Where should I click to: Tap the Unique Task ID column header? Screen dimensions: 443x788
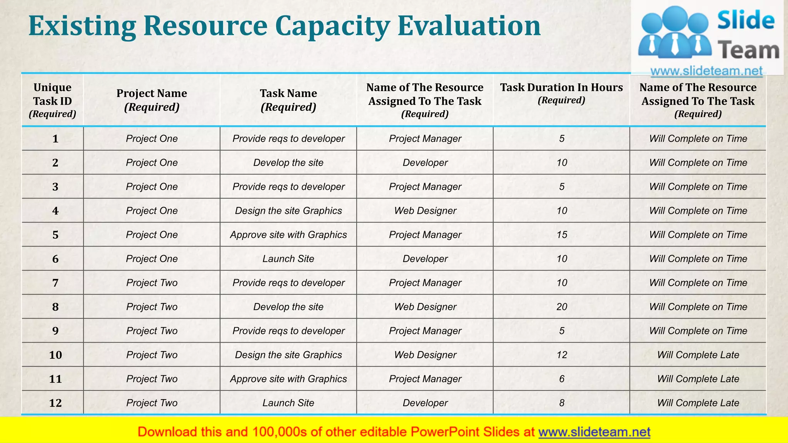click(x=52, y=100)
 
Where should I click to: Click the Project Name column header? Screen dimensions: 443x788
click(x=152, y=100)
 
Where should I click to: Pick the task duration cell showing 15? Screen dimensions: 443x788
click(x=562, y=235)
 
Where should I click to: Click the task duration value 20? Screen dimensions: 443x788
click(x=562, y=307)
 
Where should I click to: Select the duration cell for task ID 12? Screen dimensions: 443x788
click(x=562, y=403)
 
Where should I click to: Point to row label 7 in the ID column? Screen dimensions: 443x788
click(x=55, y=283)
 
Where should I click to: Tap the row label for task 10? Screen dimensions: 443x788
click(x=55, y=355)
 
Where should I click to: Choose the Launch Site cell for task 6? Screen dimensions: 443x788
click(x=288, y=259)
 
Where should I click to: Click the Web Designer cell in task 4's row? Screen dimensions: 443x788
click(x=425, y=211)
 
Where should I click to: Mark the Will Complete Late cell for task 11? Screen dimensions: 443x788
click(x=698, y=379)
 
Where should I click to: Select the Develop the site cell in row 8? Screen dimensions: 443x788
click(x=288, y=307)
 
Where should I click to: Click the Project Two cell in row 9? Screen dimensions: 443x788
click(x=152, y=331)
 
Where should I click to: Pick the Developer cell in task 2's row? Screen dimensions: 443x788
click(x=425, y=163)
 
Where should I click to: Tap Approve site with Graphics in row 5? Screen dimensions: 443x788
click(x=288, y=235)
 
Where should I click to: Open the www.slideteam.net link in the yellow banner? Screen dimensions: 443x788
click(x=594, y=432)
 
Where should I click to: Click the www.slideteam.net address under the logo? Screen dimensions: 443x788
click(x=706, y=71)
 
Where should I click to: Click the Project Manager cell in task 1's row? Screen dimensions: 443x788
click(x=425, y=139)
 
